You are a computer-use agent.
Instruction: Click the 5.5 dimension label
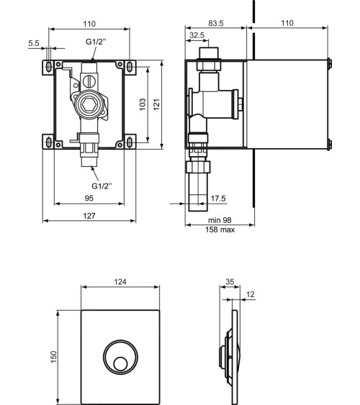pos(34,43)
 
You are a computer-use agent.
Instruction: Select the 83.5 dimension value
pos(216,23)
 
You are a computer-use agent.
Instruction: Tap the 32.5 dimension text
pos(197,35)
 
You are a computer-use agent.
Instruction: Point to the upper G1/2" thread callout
pos(96,42)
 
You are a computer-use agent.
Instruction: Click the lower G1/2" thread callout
pos(102,186)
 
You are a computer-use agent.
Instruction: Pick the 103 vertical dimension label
pos(143,104)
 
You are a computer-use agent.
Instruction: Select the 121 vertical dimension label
pos(157,104)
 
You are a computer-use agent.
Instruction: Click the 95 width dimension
pos(89,198)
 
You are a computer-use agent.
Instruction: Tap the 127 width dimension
pos(89,215)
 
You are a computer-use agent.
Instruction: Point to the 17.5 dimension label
pos(218,199)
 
